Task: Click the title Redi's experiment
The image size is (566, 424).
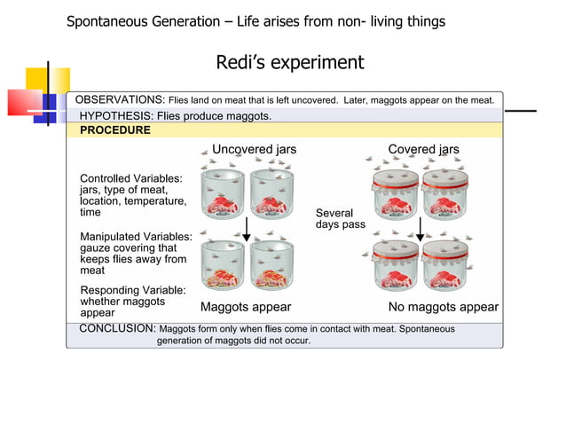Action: [x=289, y=63]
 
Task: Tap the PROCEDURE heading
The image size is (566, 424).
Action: [x=114, y=130]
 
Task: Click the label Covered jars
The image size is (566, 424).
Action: [x=423, y=149]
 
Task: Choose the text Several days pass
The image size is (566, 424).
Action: [x=340, y=219]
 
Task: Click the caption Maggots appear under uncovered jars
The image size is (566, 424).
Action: [x=246, y=308]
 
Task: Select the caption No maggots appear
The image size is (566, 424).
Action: [x=444, y=308]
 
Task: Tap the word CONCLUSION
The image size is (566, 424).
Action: [x=116, y=328]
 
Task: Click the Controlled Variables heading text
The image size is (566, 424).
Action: [x=131, y=178]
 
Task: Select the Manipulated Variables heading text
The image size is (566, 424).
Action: [x=136, y=237]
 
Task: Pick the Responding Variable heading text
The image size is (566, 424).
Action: [x=133, y=290]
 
